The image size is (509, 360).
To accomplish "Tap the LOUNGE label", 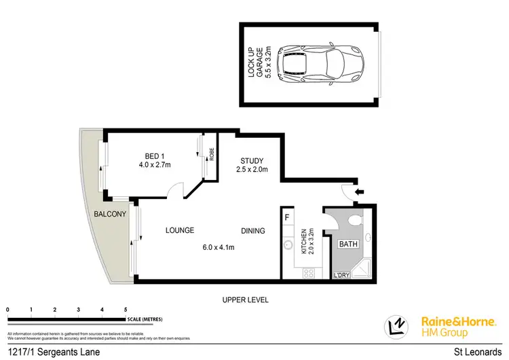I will pos(179,230).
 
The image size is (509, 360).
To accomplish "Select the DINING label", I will pos(252,231).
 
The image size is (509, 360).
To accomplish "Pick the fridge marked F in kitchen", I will pos(288,218).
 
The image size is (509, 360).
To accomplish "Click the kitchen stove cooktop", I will pos(308,272).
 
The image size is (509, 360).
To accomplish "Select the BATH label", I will pos(348,243).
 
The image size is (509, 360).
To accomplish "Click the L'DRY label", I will pos(342,276).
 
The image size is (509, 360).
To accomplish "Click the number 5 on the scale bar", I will pos(125,309).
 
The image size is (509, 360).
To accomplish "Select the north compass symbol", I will pos(396,327).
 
